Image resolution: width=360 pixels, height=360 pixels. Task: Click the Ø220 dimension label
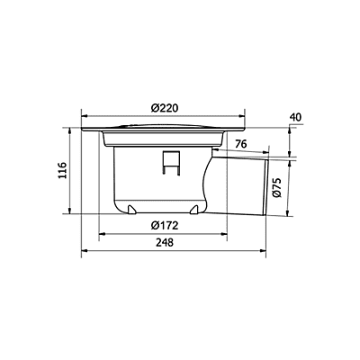[164, 107]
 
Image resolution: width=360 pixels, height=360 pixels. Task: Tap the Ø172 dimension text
[163, 225]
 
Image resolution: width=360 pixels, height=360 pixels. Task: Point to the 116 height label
[61, 170]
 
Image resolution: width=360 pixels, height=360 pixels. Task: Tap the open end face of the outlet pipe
[269, 187]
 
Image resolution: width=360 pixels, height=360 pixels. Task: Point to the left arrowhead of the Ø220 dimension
[84, 114]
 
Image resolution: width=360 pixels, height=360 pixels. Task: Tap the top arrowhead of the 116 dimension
[71, 130]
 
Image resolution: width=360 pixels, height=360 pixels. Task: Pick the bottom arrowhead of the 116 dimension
[71, 213]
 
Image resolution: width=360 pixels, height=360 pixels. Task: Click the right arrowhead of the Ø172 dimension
[227, 233]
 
